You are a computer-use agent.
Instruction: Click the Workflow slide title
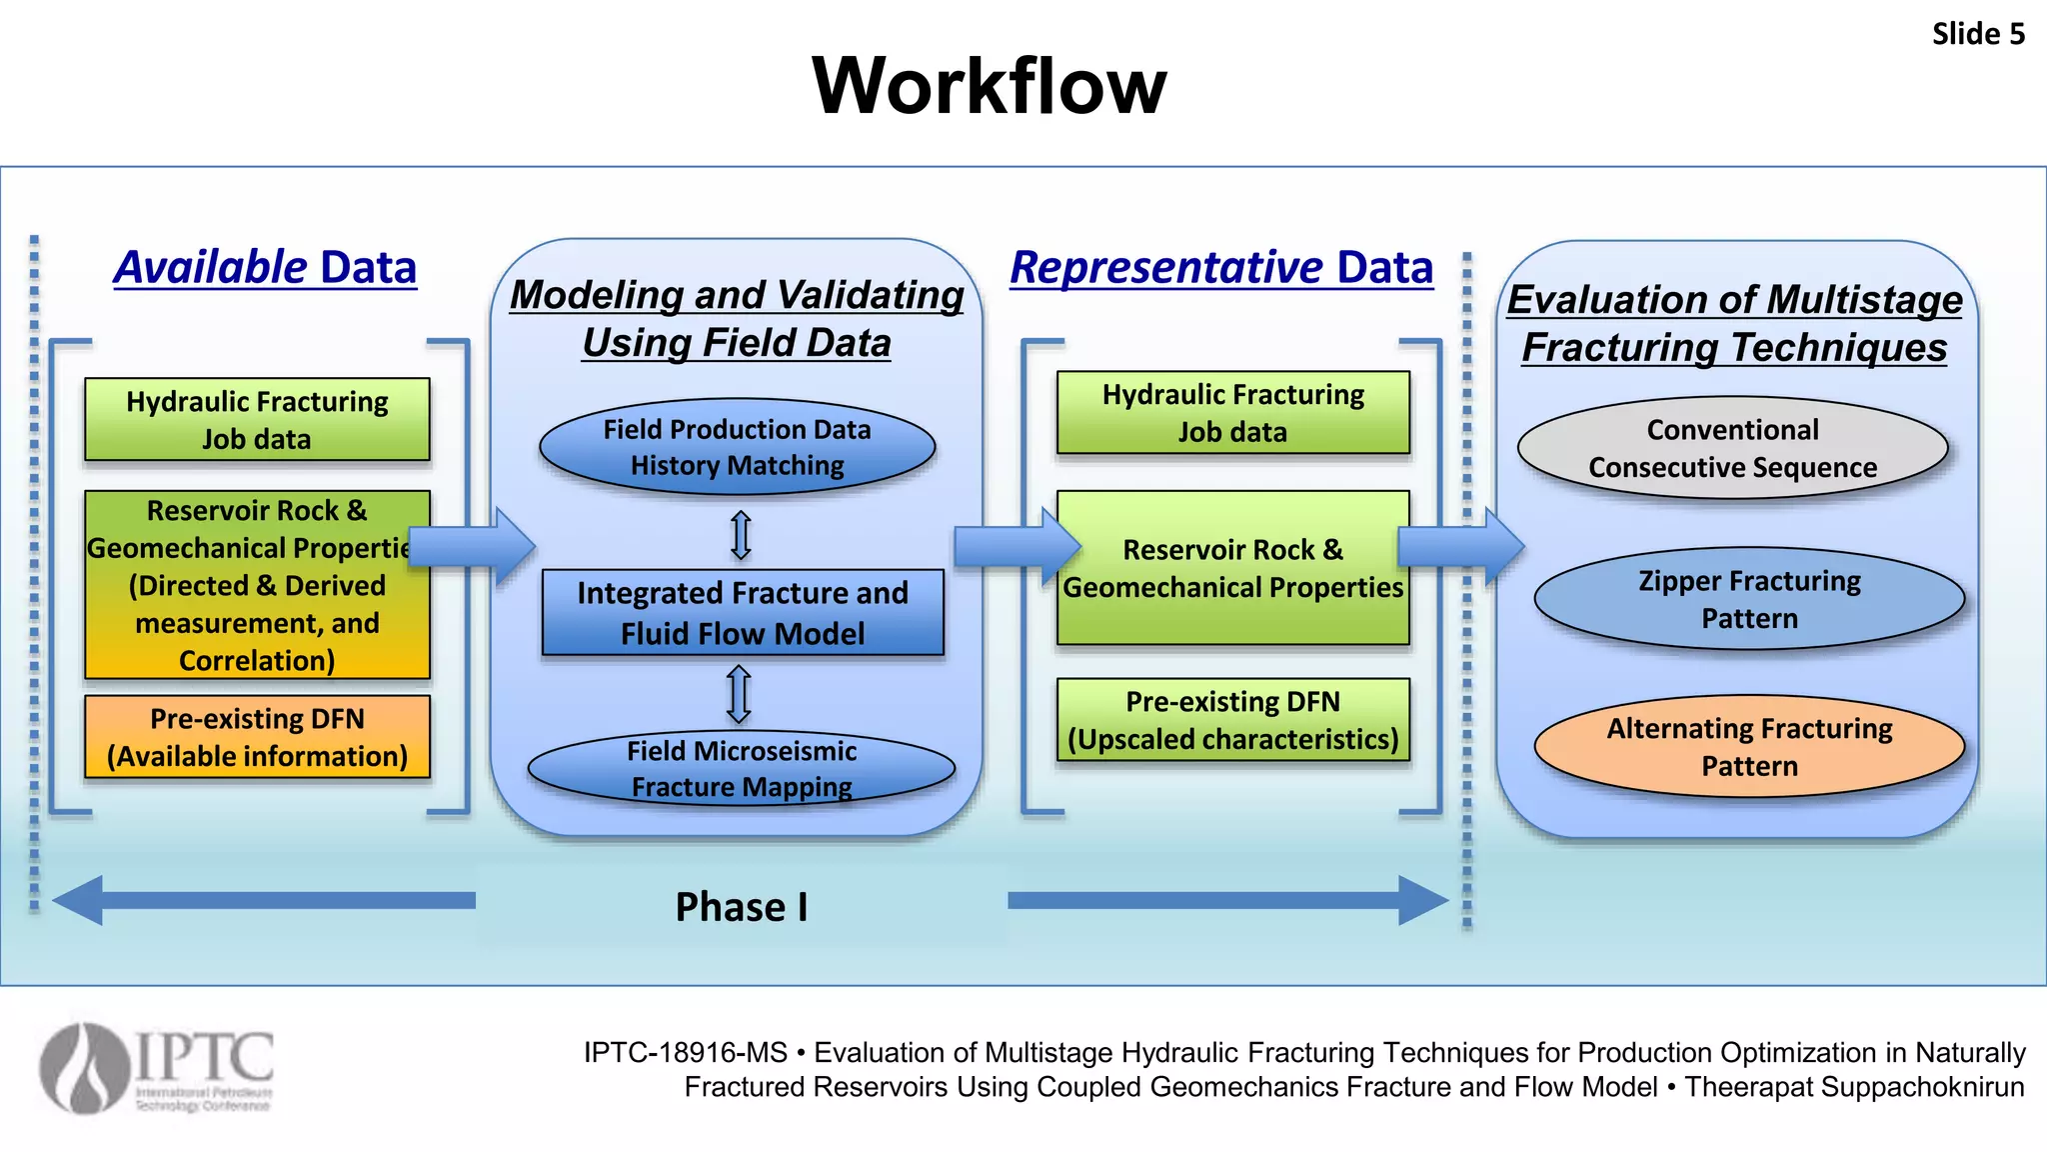pos(989,86)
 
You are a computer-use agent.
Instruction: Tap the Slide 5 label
pos(1977,34)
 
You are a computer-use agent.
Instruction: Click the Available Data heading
pos(265,268)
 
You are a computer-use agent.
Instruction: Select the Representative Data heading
pos(1221,268)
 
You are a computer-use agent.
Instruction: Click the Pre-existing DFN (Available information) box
pos(257,737)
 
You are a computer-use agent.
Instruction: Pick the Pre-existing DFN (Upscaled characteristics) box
pos(1232,720)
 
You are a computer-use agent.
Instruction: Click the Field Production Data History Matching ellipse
pos(737,447)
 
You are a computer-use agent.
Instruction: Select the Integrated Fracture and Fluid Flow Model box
pos(742,613)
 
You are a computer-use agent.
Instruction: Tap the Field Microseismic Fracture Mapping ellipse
pos(741,768)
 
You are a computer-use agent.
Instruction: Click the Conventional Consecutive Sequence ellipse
pos(1732,448)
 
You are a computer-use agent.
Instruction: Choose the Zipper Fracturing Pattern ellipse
pos(1749,599)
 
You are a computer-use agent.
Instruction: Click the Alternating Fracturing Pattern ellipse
pos(1749,746)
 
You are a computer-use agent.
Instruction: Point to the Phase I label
pos(741,907)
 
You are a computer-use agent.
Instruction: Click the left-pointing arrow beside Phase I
pos(264,900)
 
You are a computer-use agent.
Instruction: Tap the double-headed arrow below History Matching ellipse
pos(741,534)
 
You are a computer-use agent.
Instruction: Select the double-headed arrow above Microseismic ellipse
pos(739,694)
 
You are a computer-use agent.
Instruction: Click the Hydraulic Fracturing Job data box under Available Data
pos(257,420)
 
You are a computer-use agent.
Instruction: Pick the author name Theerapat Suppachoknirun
pos(1854,1087)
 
